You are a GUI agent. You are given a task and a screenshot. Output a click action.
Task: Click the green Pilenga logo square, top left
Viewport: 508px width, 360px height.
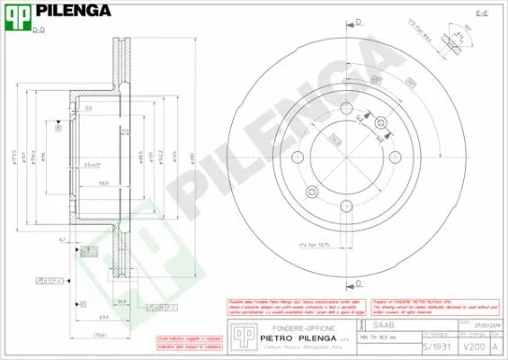tap(17, 15)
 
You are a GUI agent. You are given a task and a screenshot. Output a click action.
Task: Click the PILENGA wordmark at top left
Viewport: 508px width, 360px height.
tap(73, 12)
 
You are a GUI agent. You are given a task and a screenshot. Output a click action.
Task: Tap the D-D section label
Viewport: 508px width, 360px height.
tap(38, 31)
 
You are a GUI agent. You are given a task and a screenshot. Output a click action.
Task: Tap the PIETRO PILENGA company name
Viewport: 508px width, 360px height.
tap(290, 338)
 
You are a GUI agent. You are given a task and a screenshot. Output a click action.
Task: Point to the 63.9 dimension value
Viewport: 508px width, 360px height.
tap(105, 318)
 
